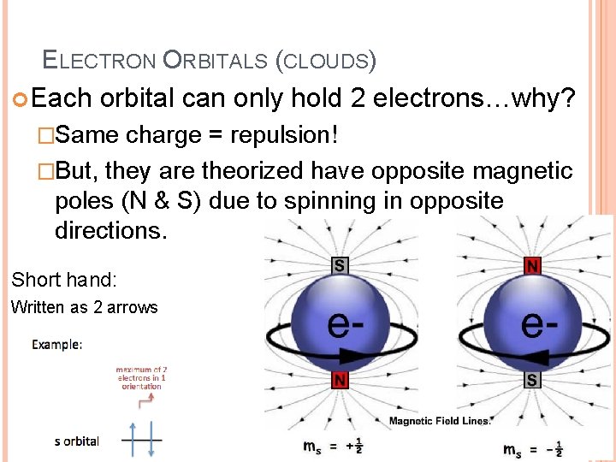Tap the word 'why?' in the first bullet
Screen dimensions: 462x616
[548, 98]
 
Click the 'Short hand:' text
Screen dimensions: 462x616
[63, 279]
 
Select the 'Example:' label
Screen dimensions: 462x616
[57, 345]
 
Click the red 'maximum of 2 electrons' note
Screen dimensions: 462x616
[141, 377]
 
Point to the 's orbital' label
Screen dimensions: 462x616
[77, 441]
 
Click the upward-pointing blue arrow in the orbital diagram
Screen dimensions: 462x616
[133, 441]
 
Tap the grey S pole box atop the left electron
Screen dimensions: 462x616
[340, 265]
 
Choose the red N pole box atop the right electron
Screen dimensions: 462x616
[532, 266]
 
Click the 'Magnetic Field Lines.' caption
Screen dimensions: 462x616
[441, 420]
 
